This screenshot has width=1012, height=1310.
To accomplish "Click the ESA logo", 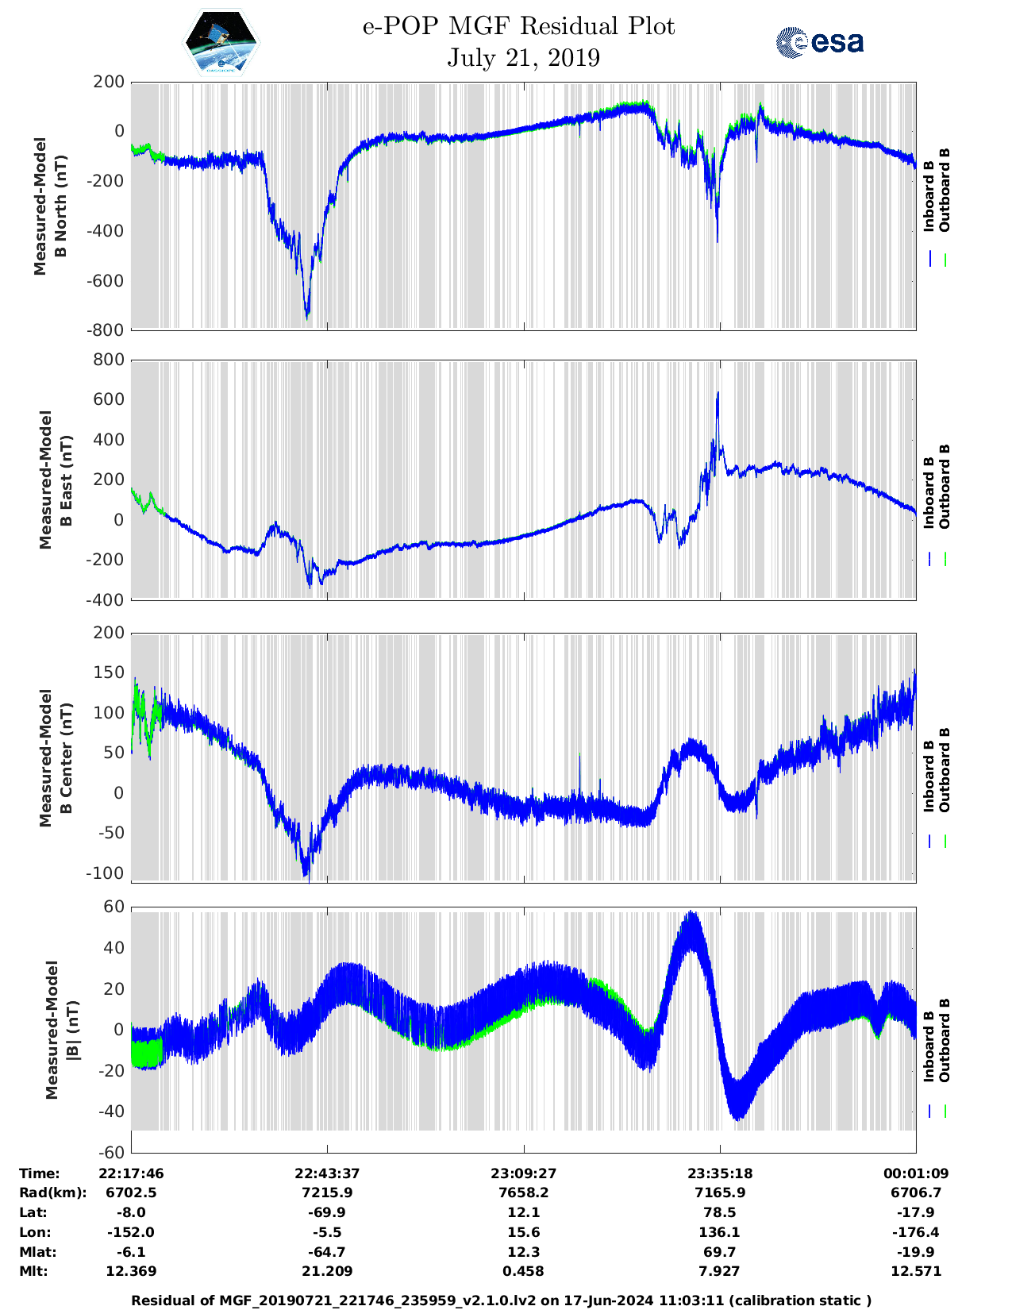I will point(819,42).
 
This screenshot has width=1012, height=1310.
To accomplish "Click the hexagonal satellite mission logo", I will point(221,43).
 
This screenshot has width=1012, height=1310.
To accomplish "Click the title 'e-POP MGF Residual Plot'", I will point(519,26).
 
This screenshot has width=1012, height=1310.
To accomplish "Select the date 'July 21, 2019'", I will point(523,58).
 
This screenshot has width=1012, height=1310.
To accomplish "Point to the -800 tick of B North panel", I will point(108,329).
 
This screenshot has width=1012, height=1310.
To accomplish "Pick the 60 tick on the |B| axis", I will point(114,907).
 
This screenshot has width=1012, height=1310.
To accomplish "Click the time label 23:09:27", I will point(523,1173).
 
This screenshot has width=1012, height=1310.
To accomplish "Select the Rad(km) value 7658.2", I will point(523,1192).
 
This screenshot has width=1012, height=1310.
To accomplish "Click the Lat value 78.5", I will point(720,1212).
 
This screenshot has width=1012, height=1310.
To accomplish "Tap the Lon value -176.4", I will point(916,1232).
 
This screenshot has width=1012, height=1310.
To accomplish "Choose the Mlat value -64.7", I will point(327,1252).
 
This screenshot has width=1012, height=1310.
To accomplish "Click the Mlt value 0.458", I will point(523,1271).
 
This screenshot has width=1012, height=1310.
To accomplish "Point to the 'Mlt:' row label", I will point(33,1271).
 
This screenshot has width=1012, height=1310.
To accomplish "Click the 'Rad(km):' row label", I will point(52,1192).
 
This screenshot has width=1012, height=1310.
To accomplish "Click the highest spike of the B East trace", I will point(718,393).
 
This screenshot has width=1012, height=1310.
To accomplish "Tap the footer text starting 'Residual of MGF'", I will point(501,1300).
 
